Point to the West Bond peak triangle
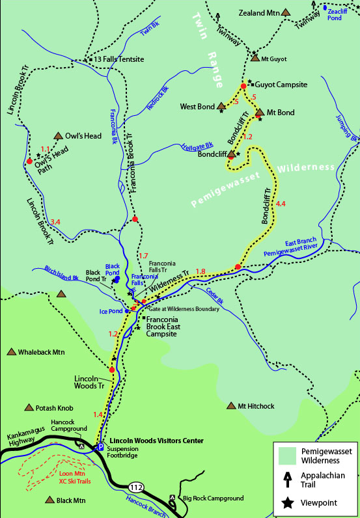click(x=221, y=105)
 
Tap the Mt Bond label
click(x=281, y=113)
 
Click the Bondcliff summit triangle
click(x=231, y=154)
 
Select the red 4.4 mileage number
click(x=281, y=204)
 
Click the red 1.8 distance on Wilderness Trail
click(x=201, y=271)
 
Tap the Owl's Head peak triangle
click(x=60, y=136)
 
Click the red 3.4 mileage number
click(x=55, y=223)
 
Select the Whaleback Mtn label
click(x=41, y=352)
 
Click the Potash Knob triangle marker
click(x=29, y=407)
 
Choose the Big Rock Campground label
click(x=213, y=498)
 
